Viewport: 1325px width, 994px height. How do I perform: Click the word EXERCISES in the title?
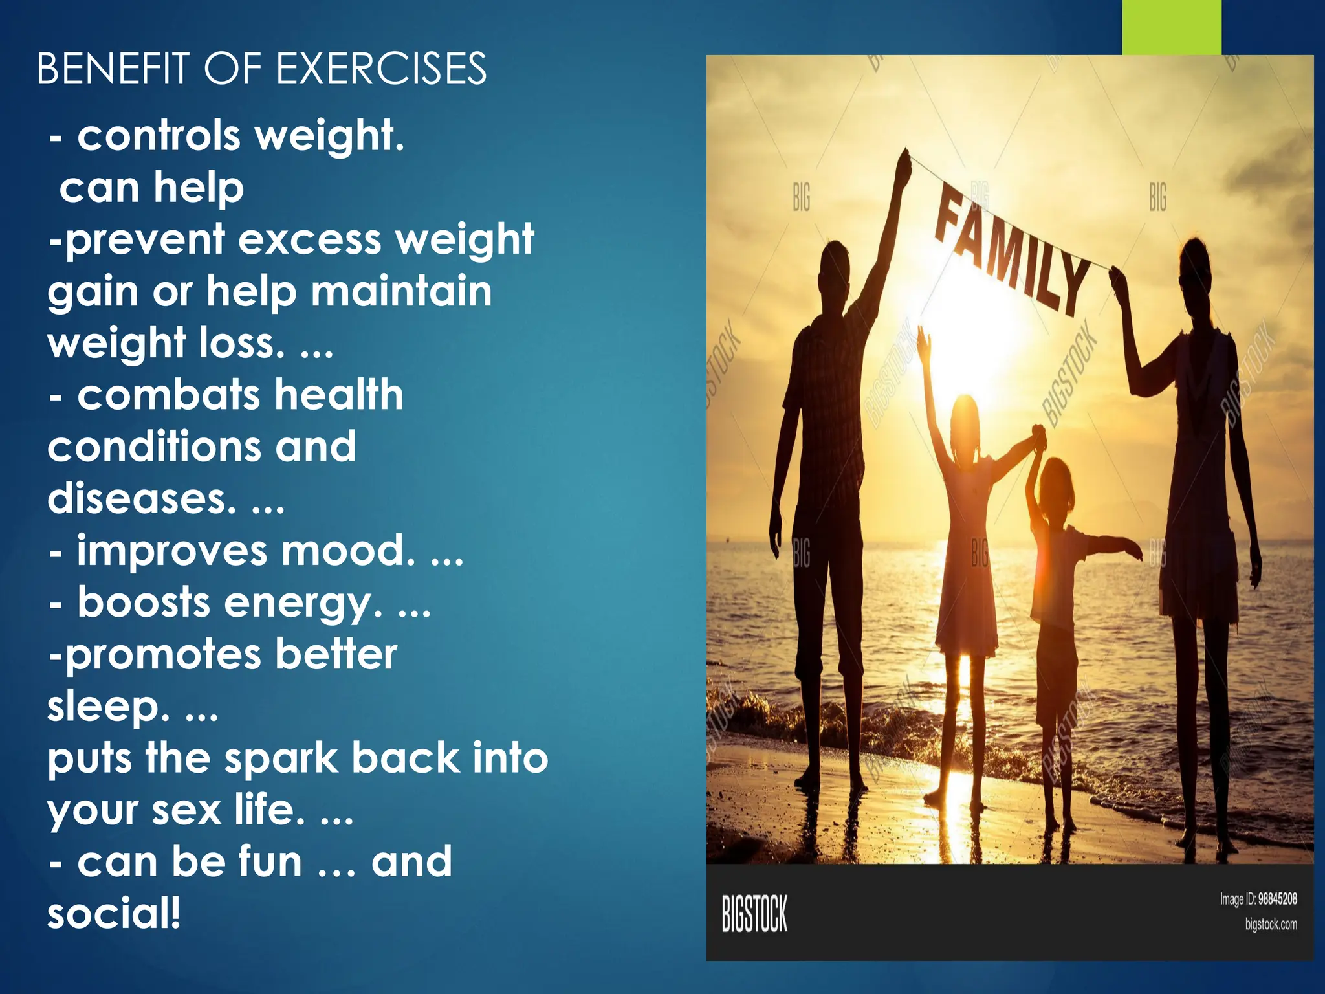pyautogui.click(x=382, y=69)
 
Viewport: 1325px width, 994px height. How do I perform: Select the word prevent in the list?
pyautogui.click(x=145, y=240)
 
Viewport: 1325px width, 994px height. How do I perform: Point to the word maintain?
pyautogui.click(x=401, y=291)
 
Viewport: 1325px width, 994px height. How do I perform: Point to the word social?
pyautogui.click(x=114, y=914)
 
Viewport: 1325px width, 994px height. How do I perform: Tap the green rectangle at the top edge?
pyautogui.click(x=1171, y=27)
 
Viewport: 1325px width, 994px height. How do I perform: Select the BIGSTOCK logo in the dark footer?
pyautogui.click(x=754, y=914)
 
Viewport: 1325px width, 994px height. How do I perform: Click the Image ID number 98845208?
pyautogui.click(x=1277, y=899)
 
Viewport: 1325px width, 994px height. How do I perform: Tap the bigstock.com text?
pyautogui.click(x=1271, y=924)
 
